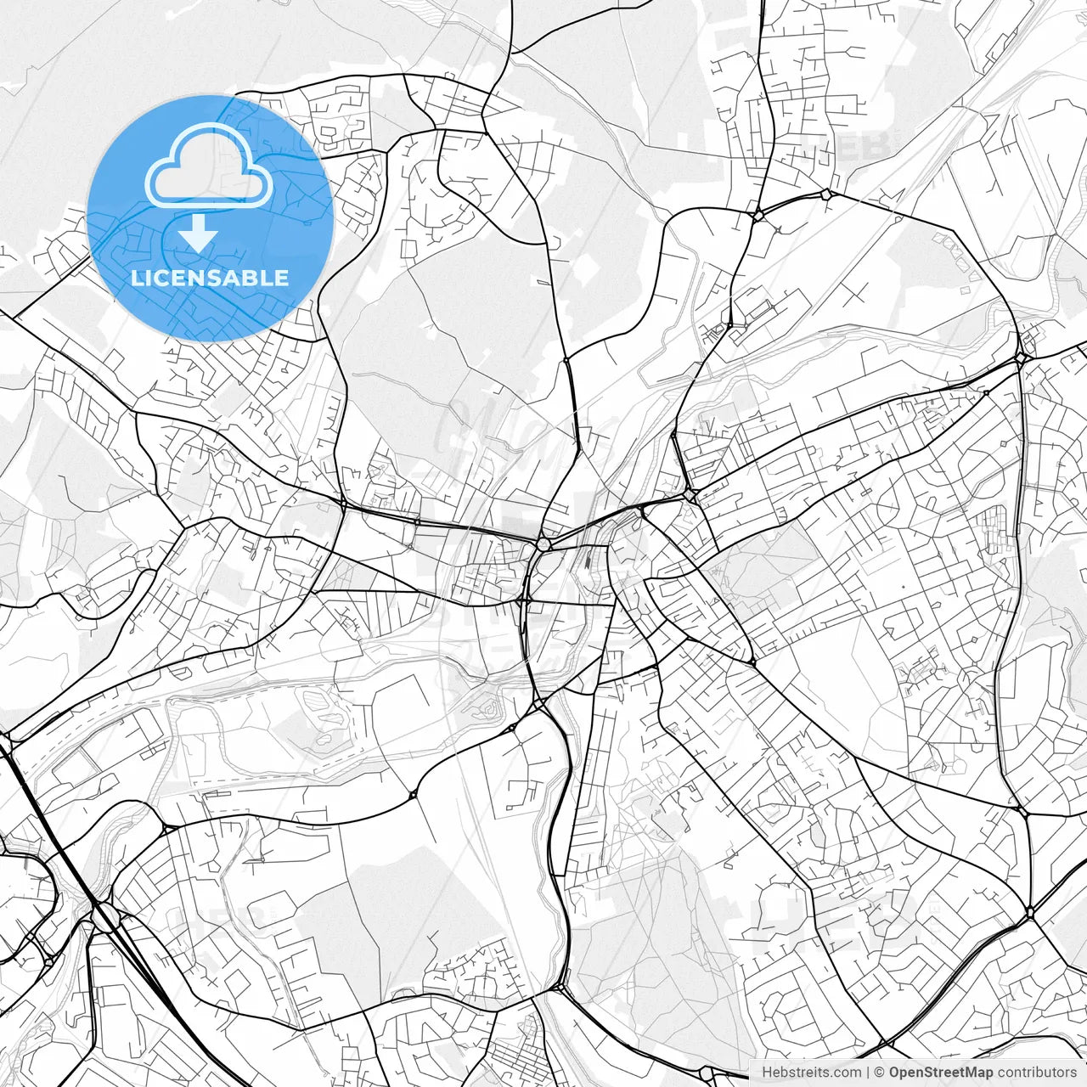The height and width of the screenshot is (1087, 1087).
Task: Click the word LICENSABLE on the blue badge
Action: (210, 279)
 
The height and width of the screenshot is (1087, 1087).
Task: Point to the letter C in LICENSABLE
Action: (166, 279)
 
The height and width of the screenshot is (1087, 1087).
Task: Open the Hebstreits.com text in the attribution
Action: (810, 1073)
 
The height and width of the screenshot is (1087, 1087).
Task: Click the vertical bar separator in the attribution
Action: (867, 1073)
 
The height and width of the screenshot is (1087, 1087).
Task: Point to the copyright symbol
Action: (880, 1073)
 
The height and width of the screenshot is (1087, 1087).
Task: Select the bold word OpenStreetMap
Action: (940, 1073)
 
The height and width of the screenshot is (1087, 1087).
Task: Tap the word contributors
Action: (1037, 1073)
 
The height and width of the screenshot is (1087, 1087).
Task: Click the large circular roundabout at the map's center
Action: (543, 543)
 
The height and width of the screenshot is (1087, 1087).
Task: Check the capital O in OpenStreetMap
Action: (894, 1073)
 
